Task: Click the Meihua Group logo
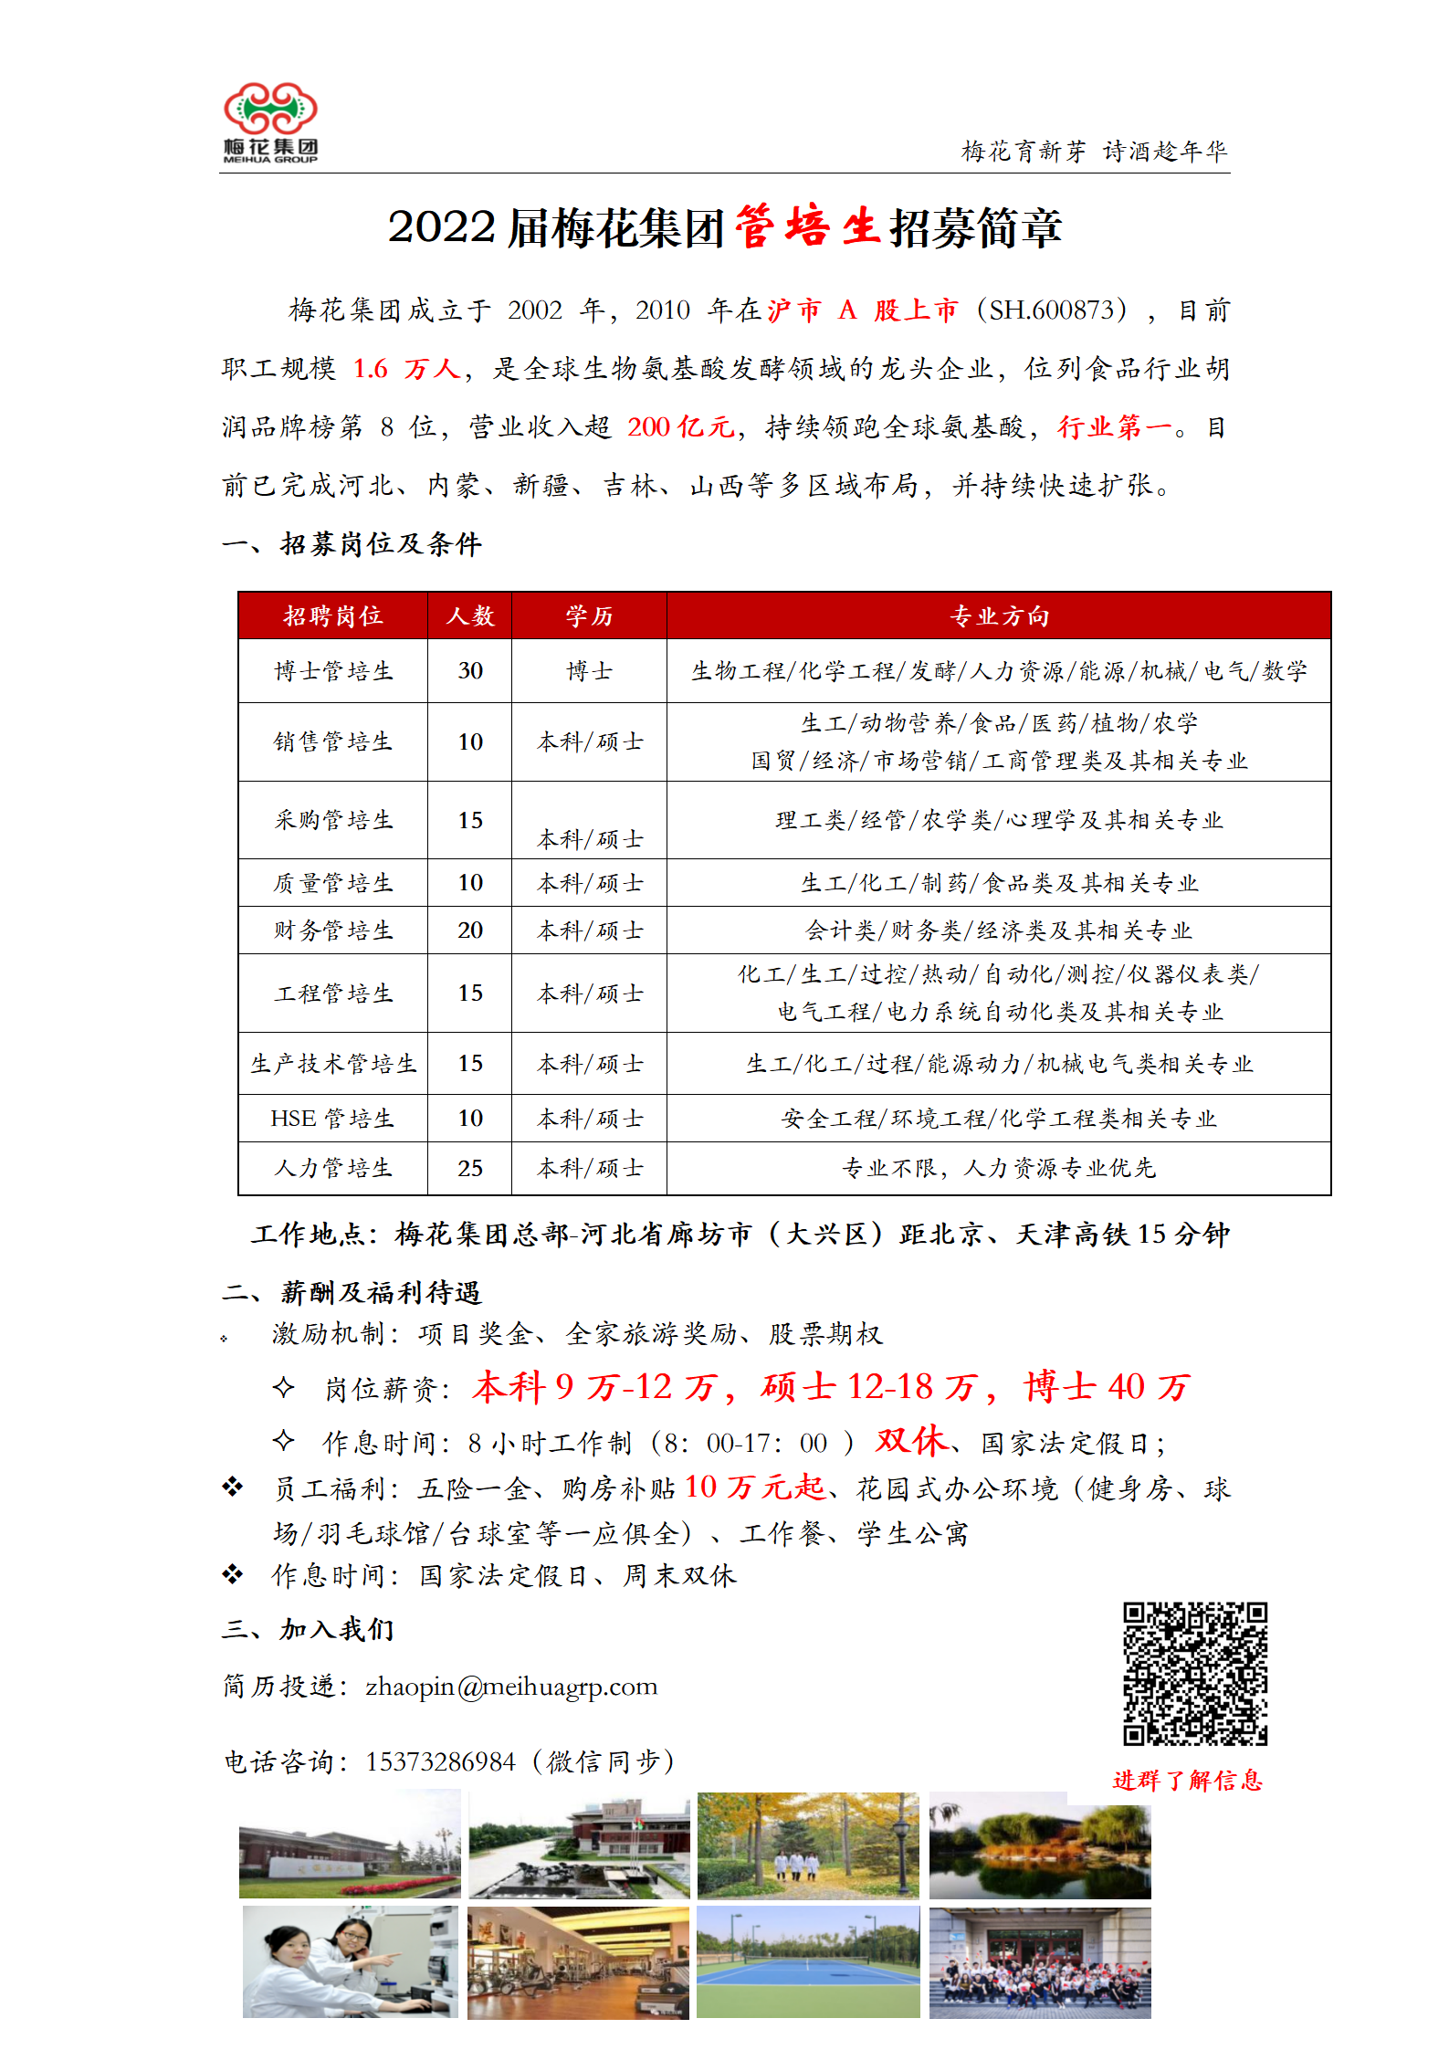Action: point(270,122)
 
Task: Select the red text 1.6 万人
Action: point(406,369)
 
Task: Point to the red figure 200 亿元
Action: point(680,427)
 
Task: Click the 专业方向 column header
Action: point(999,616)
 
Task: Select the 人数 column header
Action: point(469,616)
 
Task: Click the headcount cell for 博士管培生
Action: point(469,671)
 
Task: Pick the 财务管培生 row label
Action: point(333,930)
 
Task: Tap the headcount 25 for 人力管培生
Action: point(469,1168)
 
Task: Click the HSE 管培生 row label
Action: point(333,1119)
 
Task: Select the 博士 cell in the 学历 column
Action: point(589,671)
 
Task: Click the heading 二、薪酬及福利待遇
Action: point(352,1292)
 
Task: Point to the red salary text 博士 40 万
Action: point(1107,1387)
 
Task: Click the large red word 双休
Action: point(911,1440)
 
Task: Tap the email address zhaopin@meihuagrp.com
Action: point(511,1687)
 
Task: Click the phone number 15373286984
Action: point(441,1761)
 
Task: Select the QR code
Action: point(1195,1673)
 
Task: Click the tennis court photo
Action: point(808,1961)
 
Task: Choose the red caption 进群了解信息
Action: point(1187,1780)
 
